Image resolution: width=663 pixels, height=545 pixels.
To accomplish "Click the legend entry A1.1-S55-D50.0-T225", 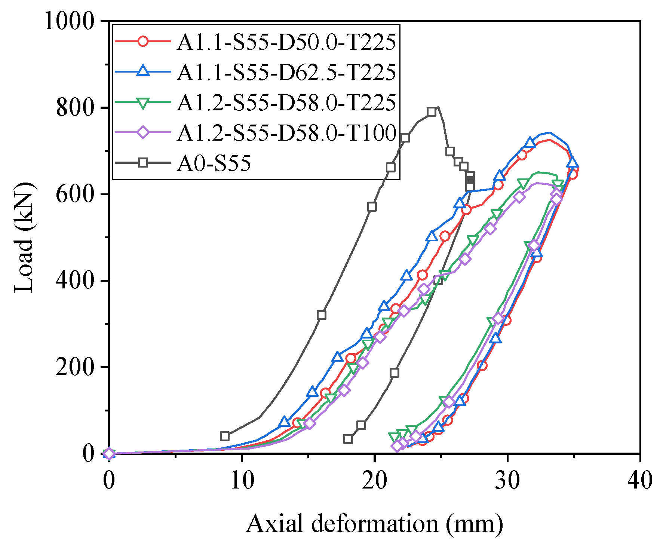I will [286, 42].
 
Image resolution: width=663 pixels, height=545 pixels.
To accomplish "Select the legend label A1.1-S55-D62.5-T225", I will [286, 72].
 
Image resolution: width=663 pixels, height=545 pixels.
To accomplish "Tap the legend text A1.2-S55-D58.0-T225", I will [286, 102].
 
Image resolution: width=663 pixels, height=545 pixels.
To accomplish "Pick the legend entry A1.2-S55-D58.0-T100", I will [286, 133].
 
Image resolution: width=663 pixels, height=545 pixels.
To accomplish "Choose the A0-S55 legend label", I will [214, 163].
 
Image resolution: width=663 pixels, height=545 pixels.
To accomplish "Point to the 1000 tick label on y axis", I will [69, 21].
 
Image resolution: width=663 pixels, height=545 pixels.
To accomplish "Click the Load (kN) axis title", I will [24, 237].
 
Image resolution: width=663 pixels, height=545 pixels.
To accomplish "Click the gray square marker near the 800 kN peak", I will [432, 112].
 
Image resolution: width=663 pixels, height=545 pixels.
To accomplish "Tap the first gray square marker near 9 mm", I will [225, 436].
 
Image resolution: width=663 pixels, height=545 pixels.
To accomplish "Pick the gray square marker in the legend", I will [143, 163].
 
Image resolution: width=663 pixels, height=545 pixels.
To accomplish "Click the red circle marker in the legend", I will [143, 41].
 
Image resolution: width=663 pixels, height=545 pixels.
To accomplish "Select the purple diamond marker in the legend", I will [143, 132].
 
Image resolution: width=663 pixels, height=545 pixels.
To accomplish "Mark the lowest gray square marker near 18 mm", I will [348, 439].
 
